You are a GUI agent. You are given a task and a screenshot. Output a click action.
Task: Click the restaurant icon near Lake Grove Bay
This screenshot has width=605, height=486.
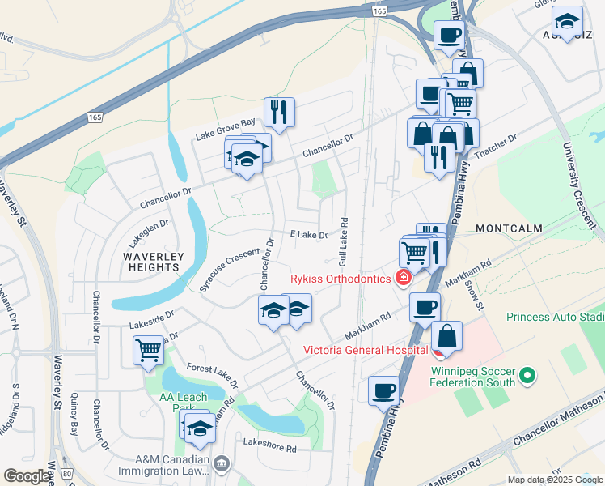tap(279, 113)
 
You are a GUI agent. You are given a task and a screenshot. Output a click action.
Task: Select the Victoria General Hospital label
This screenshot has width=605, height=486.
tap(365, 350)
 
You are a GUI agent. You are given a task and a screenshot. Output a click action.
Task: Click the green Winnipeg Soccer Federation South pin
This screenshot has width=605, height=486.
tap(527, 375)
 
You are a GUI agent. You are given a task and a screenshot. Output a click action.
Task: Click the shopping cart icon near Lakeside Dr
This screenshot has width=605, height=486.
tap(148, 350)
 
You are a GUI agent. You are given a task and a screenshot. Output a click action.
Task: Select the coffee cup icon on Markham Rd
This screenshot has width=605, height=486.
tap(425, 307)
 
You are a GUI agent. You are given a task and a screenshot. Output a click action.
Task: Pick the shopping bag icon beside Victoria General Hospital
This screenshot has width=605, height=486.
tap(446, 335)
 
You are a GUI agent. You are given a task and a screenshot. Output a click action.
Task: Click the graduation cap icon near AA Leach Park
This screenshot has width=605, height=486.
tap(199, 429)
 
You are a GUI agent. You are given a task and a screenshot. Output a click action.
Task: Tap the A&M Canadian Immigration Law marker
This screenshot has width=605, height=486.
tap(222, 463)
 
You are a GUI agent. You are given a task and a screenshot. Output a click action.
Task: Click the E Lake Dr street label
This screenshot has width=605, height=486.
tap(309, 235)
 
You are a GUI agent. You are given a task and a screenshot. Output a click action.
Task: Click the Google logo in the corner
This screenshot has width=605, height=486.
tap(27, 476)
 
